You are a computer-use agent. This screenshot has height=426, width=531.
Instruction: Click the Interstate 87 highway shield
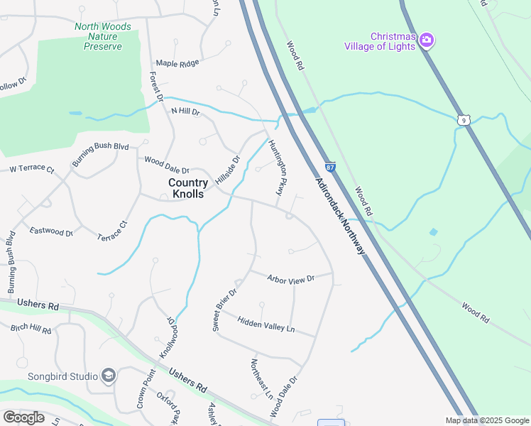pos(331,166)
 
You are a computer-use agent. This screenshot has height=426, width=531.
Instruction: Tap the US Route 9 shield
pos(464,121)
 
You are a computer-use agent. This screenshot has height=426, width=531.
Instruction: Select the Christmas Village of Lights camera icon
pos(427,39)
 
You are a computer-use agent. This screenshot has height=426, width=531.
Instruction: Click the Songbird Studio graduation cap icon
pos(109,376)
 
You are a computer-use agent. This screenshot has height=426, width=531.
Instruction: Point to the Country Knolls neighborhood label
pos(188,188)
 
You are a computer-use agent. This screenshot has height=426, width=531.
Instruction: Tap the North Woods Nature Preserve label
pos(103,36)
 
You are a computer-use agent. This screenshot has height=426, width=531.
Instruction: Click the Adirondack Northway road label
pos(341,216)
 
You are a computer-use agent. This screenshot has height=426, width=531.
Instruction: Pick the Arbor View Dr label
pos(290,279)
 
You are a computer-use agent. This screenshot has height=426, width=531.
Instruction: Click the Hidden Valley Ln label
pos(265,324)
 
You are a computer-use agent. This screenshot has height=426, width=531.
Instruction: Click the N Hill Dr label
pos(186,111)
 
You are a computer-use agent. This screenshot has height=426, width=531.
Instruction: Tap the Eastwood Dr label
pos(51,231)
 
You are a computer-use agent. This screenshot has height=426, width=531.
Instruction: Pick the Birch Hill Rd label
pos(31,330)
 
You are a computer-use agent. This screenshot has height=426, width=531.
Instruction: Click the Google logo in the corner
pos(23,417)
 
